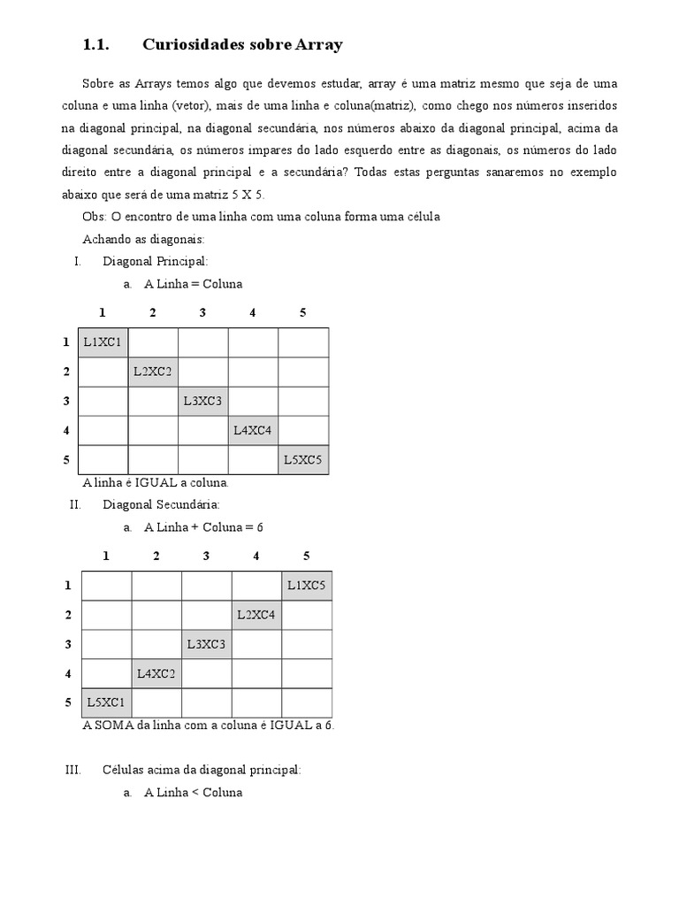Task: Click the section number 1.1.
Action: (x=95, y=44)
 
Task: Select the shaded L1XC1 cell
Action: (x=103, y=342)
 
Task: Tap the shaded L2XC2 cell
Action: (x=153, y=372)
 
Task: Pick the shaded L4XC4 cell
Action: (x=253, y=431)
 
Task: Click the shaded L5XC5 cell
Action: (x=303, y=460)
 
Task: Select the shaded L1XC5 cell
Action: (x=307, y=586)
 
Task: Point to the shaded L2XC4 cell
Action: (x=256, y=615)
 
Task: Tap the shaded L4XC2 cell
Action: (x=156, y=673)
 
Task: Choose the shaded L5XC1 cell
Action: (x=106, y=703)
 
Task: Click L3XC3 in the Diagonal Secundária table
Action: (x=207, y=644)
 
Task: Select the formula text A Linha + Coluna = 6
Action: (x=203, y=527)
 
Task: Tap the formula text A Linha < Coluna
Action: (x=193, y=793)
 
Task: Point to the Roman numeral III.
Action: (x=73, y=771)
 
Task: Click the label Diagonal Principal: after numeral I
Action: (x=155, y=262)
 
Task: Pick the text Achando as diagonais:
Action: (x=143, y=239)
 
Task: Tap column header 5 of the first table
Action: (x=303, y=312)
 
